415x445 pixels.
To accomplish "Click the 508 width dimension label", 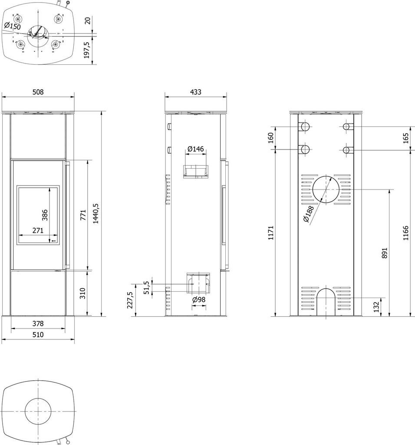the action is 38,92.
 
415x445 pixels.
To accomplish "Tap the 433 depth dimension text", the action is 196,92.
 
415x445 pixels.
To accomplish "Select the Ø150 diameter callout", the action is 13,27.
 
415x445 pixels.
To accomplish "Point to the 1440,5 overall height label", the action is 96,213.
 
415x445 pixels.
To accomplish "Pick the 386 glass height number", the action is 45,215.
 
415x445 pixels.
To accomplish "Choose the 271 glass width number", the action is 38,230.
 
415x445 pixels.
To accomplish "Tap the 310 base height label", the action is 82,293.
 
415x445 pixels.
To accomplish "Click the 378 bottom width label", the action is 38,323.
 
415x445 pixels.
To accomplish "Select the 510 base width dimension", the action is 38,335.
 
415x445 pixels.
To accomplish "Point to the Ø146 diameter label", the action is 196,149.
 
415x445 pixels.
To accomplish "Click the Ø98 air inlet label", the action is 199,300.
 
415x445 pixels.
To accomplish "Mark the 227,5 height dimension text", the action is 130,300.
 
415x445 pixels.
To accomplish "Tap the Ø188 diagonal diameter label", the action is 309,214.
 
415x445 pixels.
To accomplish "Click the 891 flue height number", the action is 384,252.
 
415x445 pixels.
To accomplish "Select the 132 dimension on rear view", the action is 376,307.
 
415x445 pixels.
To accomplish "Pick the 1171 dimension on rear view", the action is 271,233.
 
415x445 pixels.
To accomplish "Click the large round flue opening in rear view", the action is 326,189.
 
